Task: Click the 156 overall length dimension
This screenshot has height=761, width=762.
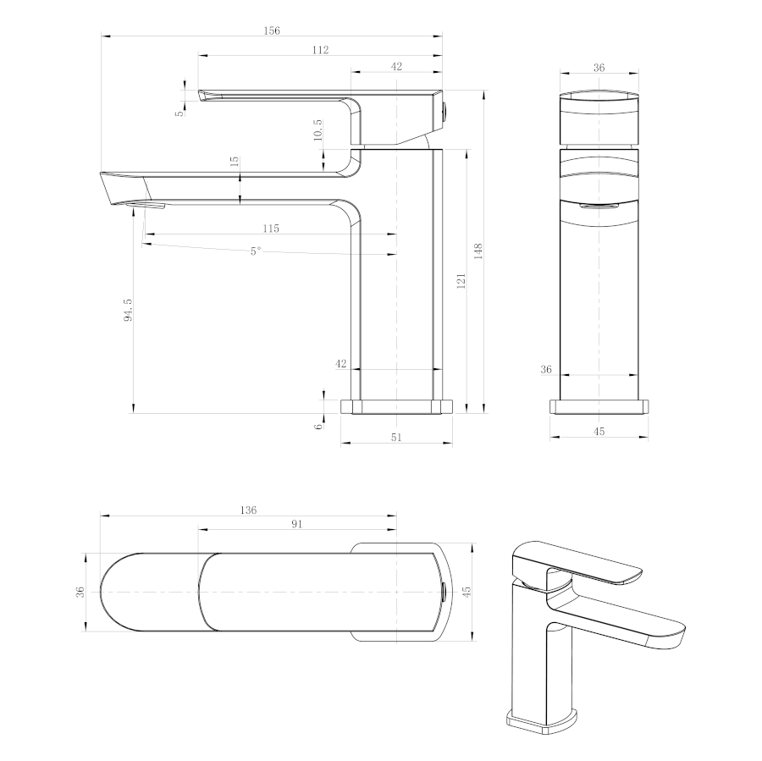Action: tap(272, 30)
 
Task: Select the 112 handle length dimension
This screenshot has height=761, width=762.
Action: tap(320, 50)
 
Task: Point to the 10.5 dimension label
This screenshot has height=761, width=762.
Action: tap(317, 130)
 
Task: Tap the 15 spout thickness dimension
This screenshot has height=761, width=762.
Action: tap(235, 162)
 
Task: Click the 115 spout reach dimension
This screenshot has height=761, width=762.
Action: tap(271, 228)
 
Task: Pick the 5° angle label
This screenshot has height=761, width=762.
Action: tap(256, 251)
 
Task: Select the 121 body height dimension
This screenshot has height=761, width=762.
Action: tap(461, 281)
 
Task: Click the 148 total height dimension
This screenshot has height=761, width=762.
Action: tap(478, 251)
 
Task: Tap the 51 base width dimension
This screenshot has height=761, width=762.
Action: tap(396, 437)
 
